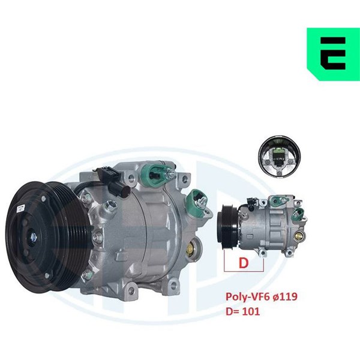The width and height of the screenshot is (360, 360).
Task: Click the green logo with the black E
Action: (334, 54)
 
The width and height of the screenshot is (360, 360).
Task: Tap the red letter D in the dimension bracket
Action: (244, 263)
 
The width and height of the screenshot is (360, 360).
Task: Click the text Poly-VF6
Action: (247, 296)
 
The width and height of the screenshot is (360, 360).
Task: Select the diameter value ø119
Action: (284, 296)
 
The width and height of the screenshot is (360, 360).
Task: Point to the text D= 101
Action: (243, 311)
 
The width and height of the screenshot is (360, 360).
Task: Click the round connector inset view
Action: (279, 157)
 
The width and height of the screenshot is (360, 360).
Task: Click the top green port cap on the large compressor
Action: (153, 175)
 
